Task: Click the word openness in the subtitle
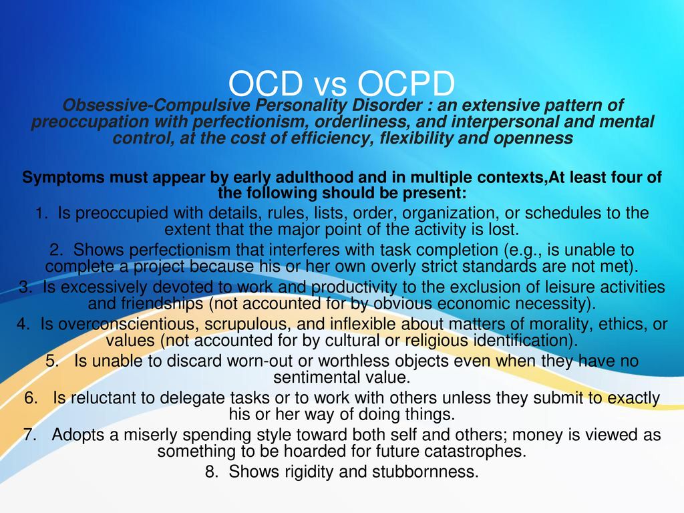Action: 533,139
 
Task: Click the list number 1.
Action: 41,213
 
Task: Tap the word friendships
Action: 162,304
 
